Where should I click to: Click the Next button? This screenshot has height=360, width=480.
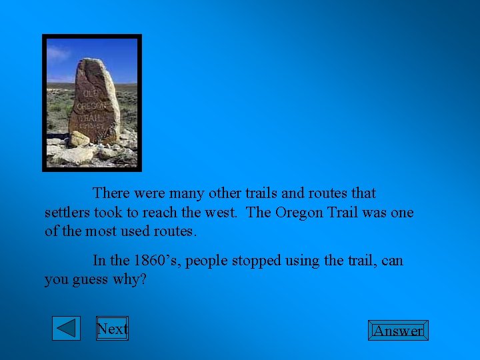click(112, 329)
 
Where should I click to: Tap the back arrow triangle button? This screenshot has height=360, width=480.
click(66, 329)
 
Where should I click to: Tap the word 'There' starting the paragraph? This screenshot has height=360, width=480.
click(111, 193)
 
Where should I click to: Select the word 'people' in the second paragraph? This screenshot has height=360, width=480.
click(207, 260)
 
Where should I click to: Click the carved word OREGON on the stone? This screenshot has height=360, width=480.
click(92, 105)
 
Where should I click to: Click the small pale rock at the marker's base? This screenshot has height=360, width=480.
click(79, 139)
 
